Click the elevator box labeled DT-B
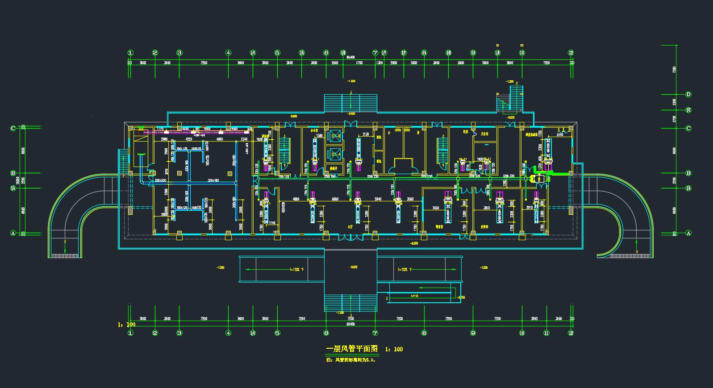[x=334, y=136]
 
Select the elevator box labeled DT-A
[x=334, y=154]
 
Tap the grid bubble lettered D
[x=688, y=94]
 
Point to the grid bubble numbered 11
[x=546, y=333]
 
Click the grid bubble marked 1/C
[x=688, y=110]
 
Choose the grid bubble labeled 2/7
[x=404, y=53]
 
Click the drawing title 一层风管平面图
[x=352, y=349]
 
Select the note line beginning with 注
[x=350, y=359]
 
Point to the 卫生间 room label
[x=484, y=134]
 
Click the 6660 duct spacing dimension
[x=335, y=199]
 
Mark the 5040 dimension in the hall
[x=378, y=199]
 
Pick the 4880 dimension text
[x=296, y=199]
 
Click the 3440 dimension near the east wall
[x=559, y=134]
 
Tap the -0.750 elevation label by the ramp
[x=461, y=297]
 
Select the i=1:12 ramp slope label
[x=414, y=296]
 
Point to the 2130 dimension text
[x=366, y=134]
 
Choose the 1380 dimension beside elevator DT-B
[x=319, y=135]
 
